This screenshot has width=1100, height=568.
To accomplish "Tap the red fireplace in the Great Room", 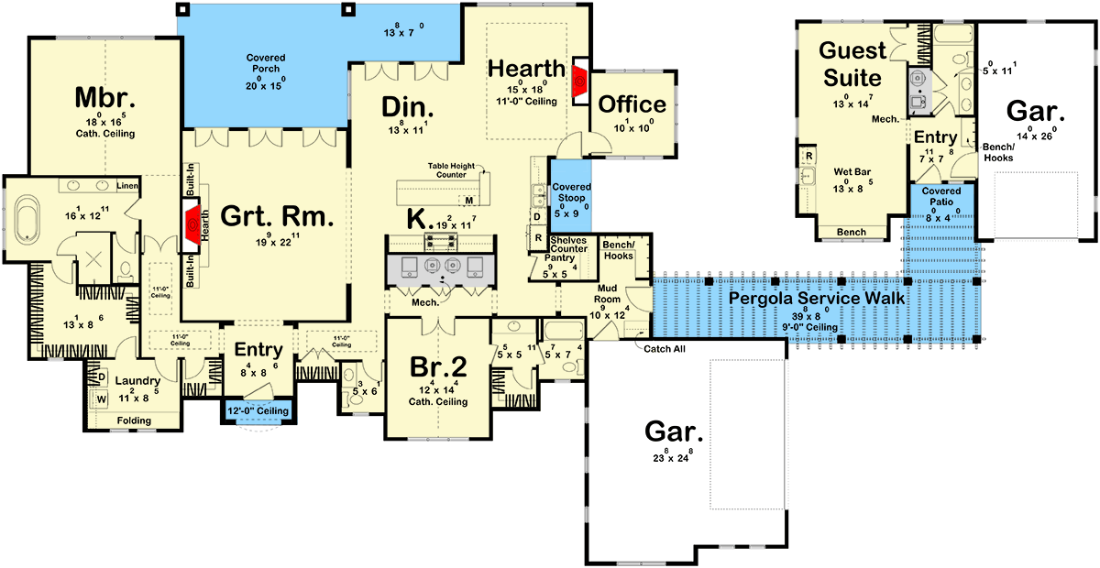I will tap(192, 226).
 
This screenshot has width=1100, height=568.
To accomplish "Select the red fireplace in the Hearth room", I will tap(580, 81).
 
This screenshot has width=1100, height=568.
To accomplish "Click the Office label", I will tap(632, 104).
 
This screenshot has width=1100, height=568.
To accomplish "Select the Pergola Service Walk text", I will tap(816, 298).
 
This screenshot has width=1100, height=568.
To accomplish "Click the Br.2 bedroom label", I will tap(438, 367).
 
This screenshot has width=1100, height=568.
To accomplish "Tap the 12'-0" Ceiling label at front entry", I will tap(258, 410).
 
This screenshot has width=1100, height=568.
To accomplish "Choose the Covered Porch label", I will tap(265, 63).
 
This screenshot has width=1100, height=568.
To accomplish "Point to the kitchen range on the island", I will tap(439, 241).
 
